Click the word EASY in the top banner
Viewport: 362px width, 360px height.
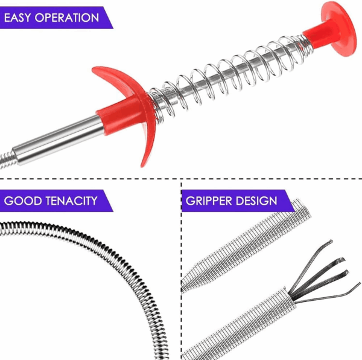(17, 18)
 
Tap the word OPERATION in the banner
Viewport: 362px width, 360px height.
(67, 18)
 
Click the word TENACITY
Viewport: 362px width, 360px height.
(72, 201)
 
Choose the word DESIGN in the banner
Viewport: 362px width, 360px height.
(256, 201)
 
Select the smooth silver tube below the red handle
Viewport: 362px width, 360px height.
(58, 140)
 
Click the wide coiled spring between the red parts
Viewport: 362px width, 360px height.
(229, 76)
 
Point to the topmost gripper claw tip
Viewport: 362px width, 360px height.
(331, 241)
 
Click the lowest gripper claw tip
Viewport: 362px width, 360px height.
(359, 284)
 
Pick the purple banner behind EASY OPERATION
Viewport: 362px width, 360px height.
(56, 18)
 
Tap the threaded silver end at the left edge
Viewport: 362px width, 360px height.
(7, 159)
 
